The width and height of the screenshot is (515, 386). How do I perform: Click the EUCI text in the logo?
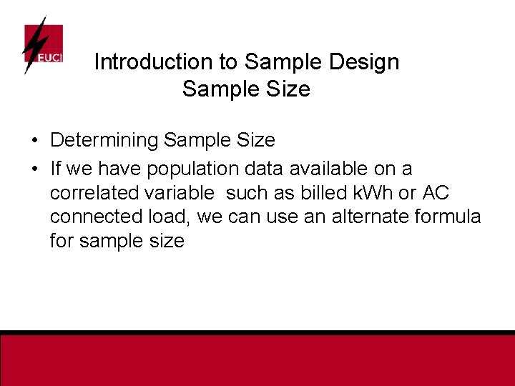(x=49, y=56)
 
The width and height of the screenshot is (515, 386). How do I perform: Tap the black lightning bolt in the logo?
(x=33, y=44)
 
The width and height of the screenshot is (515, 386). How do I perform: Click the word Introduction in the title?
(x=155, y=62)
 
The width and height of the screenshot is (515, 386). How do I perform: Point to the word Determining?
(x=104, y=141)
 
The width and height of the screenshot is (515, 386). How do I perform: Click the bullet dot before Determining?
(x=34, y=141)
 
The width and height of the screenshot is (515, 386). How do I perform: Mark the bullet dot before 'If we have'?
(x=34, y=169)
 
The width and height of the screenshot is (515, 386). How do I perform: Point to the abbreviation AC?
(x=436, y=192)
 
